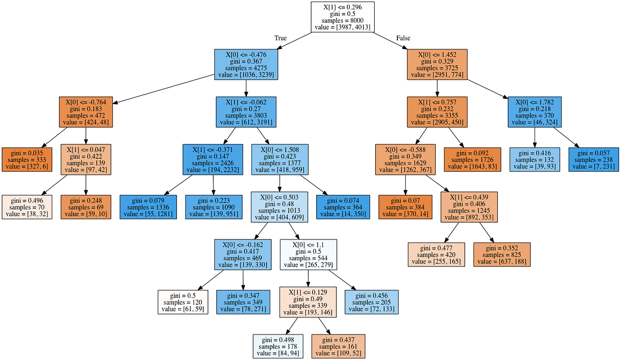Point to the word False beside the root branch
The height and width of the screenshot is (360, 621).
(x=404, y=38)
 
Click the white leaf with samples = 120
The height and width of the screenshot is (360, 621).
(x=183, y=302)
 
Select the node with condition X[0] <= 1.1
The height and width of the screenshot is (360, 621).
(x=308, y=254)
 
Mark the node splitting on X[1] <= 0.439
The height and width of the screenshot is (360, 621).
(x=469, y=207)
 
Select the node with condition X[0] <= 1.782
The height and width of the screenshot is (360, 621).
(x=535, y=111)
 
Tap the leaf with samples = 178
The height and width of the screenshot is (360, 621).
(x=278, y=346)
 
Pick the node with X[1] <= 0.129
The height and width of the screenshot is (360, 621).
(x=308, y=302)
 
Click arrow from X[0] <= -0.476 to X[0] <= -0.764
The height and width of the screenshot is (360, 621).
(x=163, y=88)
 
